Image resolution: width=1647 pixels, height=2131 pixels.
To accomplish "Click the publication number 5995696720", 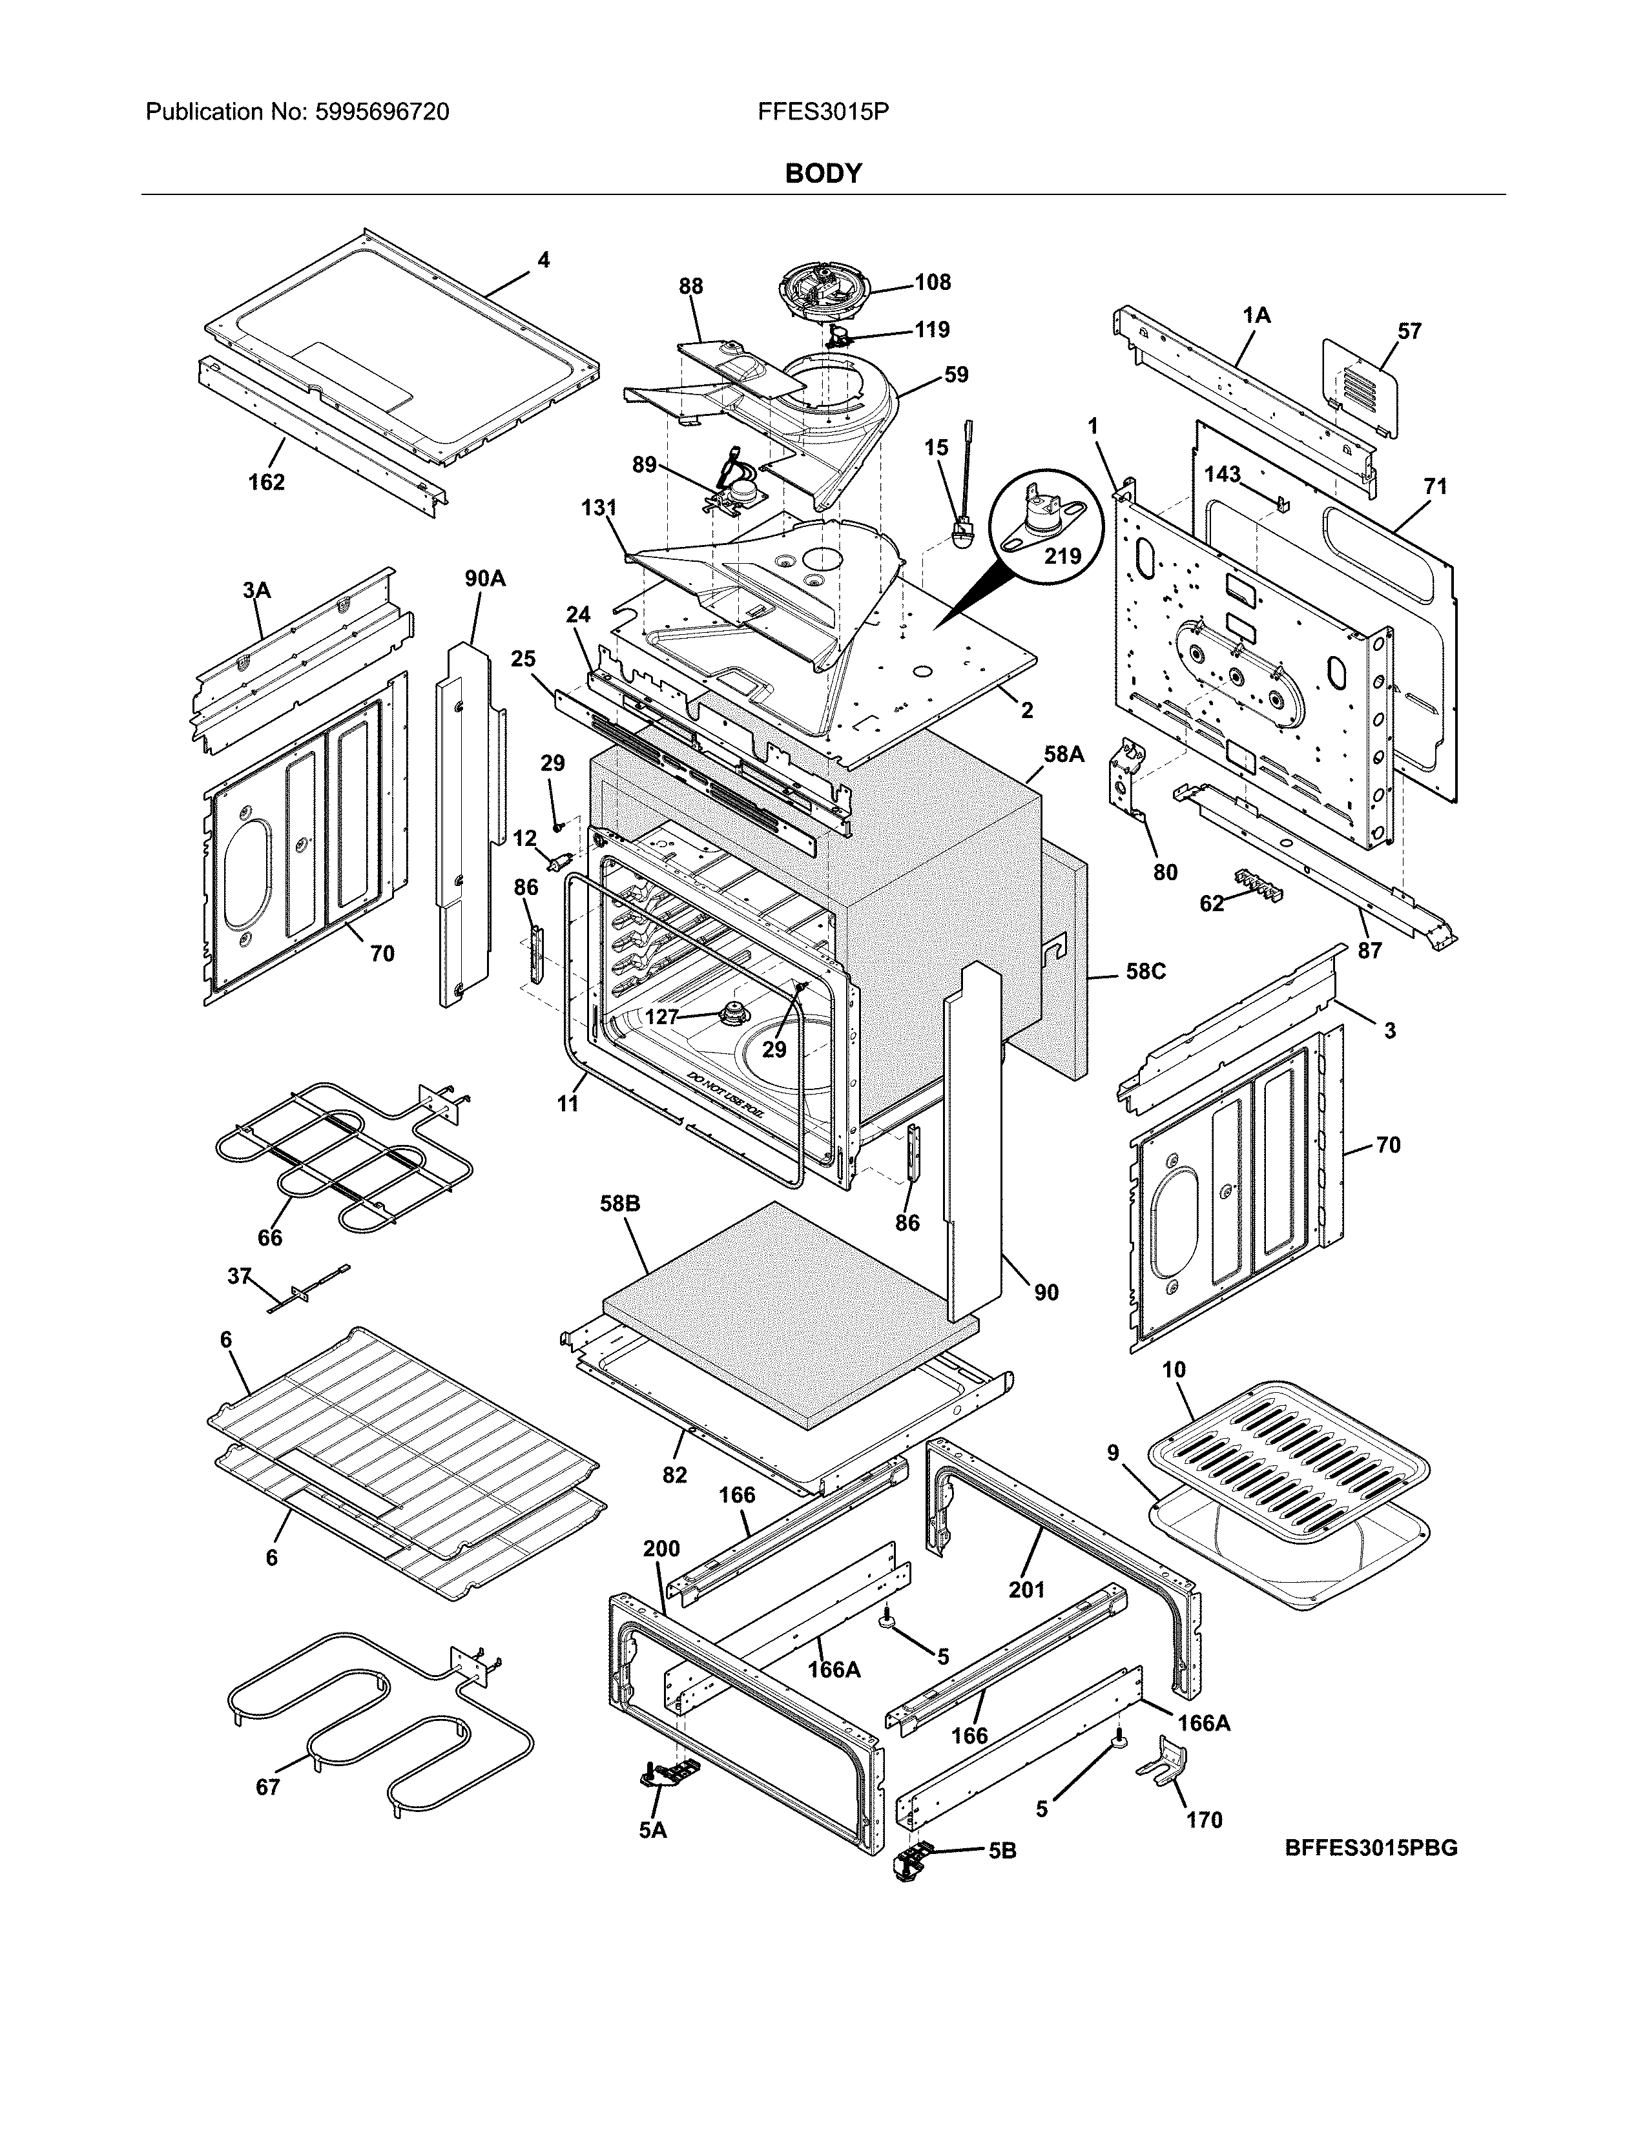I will click(x=382, y=112).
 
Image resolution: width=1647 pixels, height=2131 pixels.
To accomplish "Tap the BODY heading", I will click(x=823, y=174).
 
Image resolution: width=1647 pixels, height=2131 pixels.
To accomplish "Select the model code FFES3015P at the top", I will click(x=822, y=112).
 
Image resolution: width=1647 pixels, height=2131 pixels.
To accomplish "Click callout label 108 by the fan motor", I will click(x=932, y=282).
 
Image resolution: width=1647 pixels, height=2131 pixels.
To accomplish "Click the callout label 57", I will click(x=1409, y=331).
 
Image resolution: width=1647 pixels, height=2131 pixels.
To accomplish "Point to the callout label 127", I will click(x=661, y=1016).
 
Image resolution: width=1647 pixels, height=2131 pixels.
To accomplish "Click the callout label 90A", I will click(x=485, y=579).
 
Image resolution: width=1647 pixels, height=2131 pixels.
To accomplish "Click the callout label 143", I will click(x=1221, y=474).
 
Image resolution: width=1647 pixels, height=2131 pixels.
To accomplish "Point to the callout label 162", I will click(x=265, y=482).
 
